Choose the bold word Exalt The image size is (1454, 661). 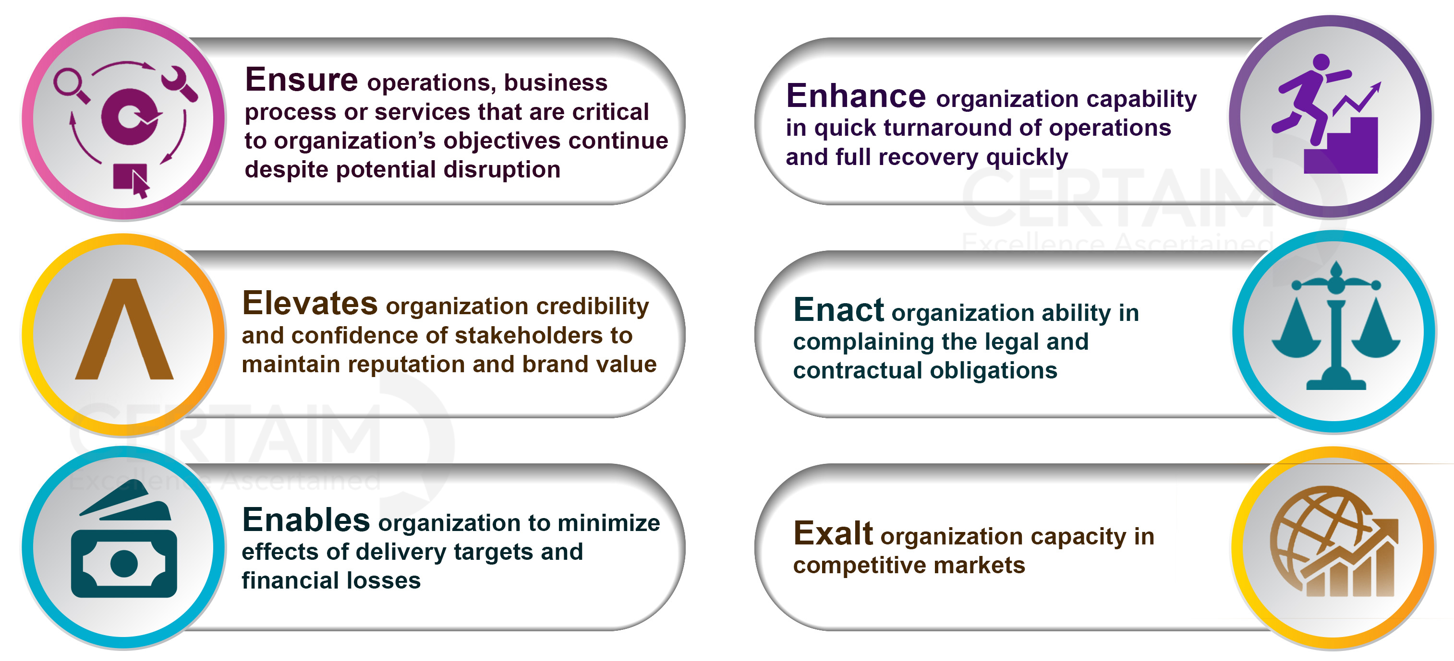pos(833,533)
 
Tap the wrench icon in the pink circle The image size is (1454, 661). pos(180,84)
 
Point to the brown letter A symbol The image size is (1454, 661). pos(124,329)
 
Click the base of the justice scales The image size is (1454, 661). pos(1336,381)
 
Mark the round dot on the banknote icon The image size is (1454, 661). pos(124,564)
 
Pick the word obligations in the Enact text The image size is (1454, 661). pos(994,370)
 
